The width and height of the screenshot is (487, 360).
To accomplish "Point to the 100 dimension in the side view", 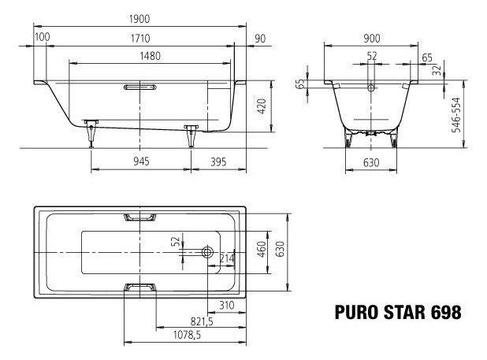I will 43,37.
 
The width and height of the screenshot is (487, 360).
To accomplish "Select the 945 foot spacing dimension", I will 140,161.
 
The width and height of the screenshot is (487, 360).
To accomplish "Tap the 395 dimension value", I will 218,161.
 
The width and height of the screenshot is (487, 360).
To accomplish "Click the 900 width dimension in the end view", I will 372,37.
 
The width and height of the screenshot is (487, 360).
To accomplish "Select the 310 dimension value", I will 226,304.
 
